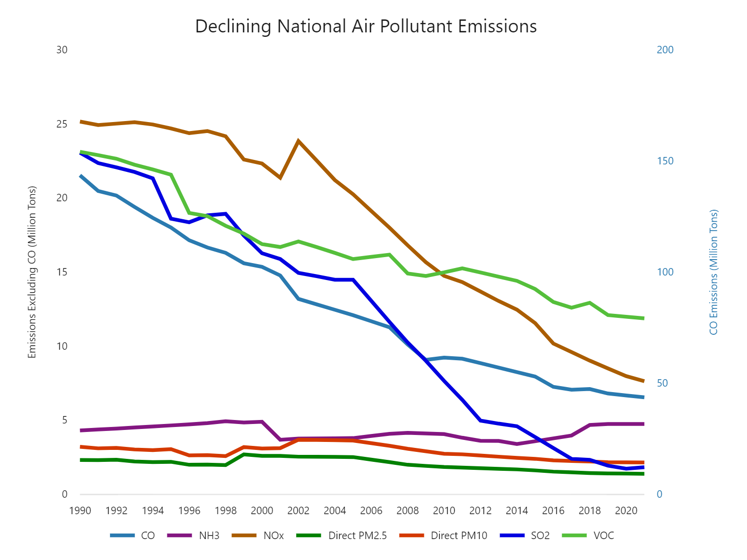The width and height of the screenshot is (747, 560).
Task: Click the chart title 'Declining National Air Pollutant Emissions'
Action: pos(366,26)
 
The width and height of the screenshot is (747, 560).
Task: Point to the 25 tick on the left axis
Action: pos(62,124)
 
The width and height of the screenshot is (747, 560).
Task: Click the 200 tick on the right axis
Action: pos(665,50)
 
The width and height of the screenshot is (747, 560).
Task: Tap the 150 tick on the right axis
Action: pos(665,161)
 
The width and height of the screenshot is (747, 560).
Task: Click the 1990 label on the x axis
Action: pos(80,511)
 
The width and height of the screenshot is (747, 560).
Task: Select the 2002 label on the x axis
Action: pos(298,511)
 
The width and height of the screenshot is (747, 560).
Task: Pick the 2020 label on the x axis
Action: pos(626,511)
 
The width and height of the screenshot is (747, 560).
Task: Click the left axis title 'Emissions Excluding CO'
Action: pos(32,272)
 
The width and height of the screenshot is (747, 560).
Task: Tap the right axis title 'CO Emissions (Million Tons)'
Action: pos(714,272)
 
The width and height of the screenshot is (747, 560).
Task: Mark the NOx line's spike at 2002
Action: pos(298,141)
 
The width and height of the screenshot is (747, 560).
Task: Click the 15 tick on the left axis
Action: pos(62,272)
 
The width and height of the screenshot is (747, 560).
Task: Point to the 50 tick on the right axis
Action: pos(662,383)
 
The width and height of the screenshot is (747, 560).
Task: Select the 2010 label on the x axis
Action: pos(444,511)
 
